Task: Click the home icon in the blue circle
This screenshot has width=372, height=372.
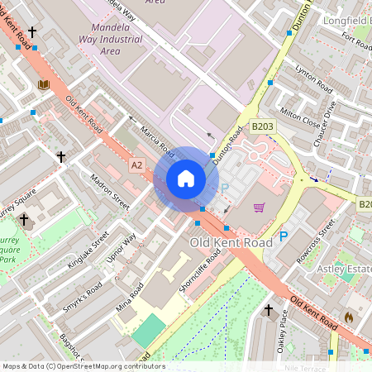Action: pos(186,179)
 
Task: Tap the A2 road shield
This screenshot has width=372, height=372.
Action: pos(137,165)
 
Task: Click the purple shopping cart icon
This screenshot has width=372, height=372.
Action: pos(259,207)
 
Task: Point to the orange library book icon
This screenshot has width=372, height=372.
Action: pos(44,84)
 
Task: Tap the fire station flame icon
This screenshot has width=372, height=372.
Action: pos(348,316)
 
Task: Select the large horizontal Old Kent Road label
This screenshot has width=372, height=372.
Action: pos(231,243)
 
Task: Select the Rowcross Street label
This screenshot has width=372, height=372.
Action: pos(314,241)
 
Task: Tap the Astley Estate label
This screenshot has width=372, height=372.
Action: pos(345,269)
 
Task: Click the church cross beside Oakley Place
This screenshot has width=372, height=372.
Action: pos(267,310)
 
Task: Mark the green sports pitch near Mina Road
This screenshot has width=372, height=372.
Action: pos(149,331)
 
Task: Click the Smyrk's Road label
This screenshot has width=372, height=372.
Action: pos(82,298)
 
